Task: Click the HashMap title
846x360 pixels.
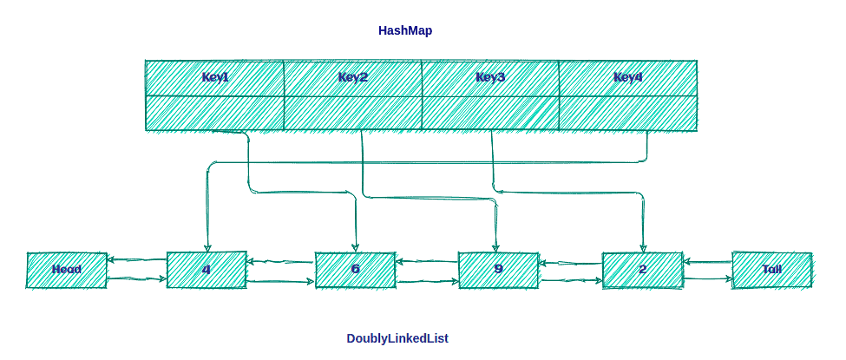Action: pyautogui.click(x=405, y=30)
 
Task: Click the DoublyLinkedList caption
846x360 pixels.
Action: pyautogui.click(x=397, y=338)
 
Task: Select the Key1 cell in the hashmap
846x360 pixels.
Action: pyautogui.click(x=214, y=77)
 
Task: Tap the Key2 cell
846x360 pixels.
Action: pyautogui.click(x=352, y=77)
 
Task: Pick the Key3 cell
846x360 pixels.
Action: pyautogui.click(x=490, y=77)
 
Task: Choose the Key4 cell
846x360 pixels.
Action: pyautogui.click(x=628, y=77)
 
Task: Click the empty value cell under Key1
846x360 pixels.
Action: pyautogui.click(x=214, y=113)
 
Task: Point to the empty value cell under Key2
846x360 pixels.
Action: pyautogui.click(x=352, y=113)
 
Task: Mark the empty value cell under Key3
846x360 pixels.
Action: pyautogui.click(x=490, y=113)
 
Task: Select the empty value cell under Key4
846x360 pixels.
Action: pyautogui.click(x=628, y=113)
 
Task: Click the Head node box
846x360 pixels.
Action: pyautogui.click(x=67, y=270)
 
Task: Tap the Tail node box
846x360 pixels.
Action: pyautogui.click(x=771, y=270)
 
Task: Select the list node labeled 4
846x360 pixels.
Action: pyautogui.click(x=206, y=270)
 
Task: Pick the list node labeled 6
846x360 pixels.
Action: pyautogui.click(x=355, y=270)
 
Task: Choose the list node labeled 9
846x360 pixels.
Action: pyautogui.click(x=498, y=270)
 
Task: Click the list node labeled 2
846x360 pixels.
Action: pyautogui.click(x=642, y=270)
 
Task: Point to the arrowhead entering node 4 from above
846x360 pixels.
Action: pyautogui.click(x=207, y=246)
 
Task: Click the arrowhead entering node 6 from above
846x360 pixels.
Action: pyautogui.click(x=356, y=246)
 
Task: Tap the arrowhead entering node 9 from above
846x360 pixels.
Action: pyautogui.click(x=496, y=246)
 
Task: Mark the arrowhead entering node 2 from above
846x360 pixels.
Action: pyautogui.click(x=643, y=246)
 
